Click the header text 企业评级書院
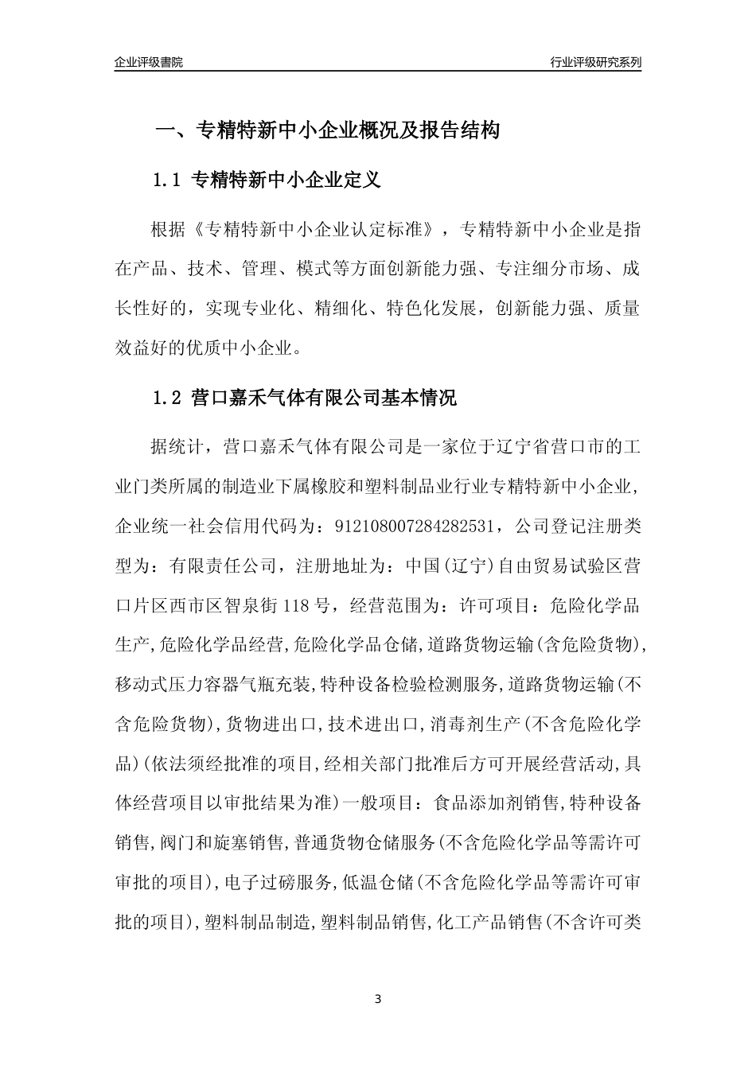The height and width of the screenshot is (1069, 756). coord(149,62)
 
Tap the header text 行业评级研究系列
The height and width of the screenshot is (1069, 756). coord(595,62)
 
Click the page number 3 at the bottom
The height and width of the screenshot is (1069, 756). coord(378,999)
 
